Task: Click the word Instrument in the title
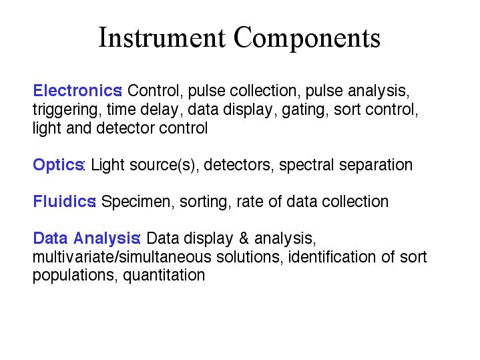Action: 162,37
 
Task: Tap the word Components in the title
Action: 307,39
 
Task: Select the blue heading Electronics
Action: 77,91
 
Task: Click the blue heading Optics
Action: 58,165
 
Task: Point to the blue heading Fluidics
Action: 64,202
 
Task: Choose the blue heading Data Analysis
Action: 86,238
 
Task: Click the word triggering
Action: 65,110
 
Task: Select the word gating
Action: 303,110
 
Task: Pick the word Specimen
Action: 136,202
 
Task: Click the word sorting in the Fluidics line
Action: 203,202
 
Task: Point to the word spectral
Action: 306,166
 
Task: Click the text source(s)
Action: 162,166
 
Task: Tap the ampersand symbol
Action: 244,238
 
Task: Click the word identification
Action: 332,256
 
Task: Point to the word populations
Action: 73,276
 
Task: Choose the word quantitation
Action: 164,276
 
